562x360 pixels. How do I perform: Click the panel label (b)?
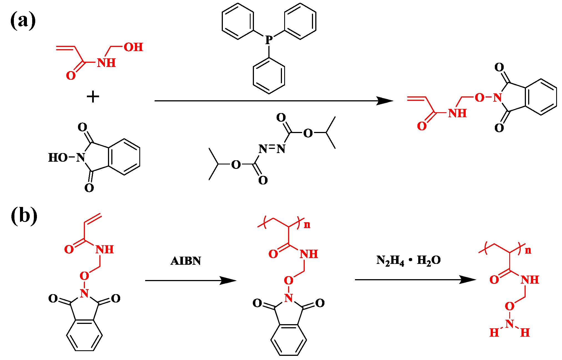pyautogui.click(x=24, y=216)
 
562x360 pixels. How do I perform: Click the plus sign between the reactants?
pyautogui.click(x=93, y=97)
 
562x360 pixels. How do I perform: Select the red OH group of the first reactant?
pyautogui.click(x=133, y=47)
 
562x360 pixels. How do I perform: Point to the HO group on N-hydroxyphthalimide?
pyautogui.click(x=58, y=157)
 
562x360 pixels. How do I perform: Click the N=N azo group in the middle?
pyautogui.click(x=272, y=149)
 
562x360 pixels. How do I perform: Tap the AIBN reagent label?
pyautogui.click(x=186, y=261)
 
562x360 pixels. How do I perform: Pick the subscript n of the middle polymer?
pyautogui.click(x=307, y=225)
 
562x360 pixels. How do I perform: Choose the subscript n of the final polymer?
pyautogui.click(x=528, y=250)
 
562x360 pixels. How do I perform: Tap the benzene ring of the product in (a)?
pyautogui.click(x=541, y=97)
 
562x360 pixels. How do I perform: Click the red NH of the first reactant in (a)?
pyautogui.click(x=106, y=63)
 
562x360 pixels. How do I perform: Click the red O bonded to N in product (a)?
pyautogui.click(x=480, y=98)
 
